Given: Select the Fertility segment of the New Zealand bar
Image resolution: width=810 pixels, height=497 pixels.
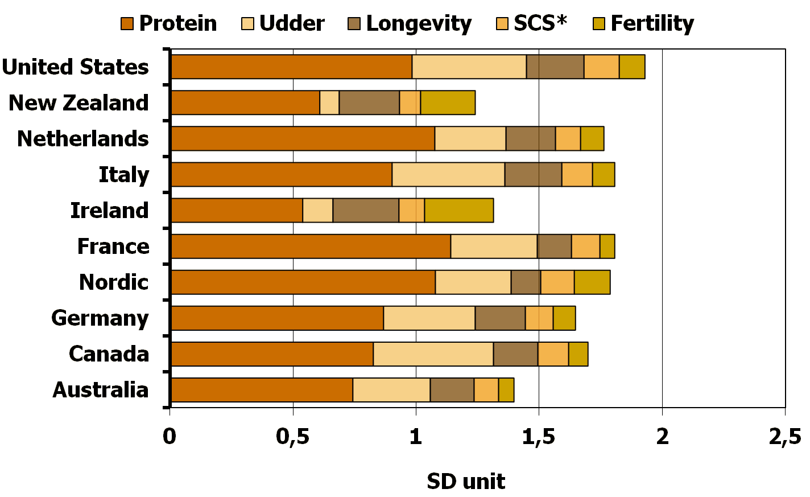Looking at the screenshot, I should click(448, 103).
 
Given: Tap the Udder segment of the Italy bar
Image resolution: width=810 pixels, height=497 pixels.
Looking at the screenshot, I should click(448, 175).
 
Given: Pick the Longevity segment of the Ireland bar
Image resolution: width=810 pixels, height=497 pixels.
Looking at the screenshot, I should click(366, 211).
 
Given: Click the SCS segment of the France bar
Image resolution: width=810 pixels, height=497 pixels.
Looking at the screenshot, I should click(585, 247).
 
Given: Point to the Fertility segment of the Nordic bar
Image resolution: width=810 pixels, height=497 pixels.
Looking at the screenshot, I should click(592, 282).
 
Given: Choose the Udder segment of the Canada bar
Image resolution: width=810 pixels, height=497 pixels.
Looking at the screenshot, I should click(433, 354).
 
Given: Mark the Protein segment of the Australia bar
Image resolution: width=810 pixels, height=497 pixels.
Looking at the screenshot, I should click(262, 390).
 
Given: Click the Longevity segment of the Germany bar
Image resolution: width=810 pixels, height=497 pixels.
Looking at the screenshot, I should click(500, 318).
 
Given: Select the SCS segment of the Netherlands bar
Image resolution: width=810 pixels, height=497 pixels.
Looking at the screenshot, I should click(568, 139).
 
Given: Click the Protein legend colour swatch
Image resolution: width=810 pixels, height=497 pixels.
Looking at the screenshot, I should click(127, 24).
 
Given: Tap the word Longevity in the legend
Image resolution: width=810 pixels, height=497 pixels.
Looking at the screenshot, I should click(419, 24).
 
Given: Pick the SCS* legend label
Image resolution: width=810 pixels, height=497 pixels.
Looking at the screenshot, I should click(540, 24).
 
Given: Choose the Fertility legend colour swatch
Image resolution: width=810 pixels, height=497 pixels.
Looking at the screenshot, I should click(599, 24).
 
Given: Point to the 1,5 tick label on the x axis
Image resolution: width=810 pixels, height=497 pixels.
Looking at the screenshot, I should click(539, 437).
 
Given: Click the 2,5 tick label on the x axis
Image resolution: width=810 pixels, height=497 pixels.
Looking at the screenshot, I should click(784, 437).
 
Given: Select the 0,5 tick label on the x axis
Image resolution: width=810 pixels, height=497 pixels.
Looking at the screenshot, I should click(293, 437).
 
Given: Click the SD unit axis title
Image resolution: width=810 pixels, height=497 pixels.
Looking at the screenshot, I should click(466, 482).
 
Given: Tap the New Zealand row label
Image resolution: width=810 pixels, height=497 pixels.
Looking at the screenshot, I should click(78, 103).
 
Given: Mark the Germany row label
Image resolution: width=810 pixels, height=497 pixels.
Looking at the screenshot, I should click(100, 318).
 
